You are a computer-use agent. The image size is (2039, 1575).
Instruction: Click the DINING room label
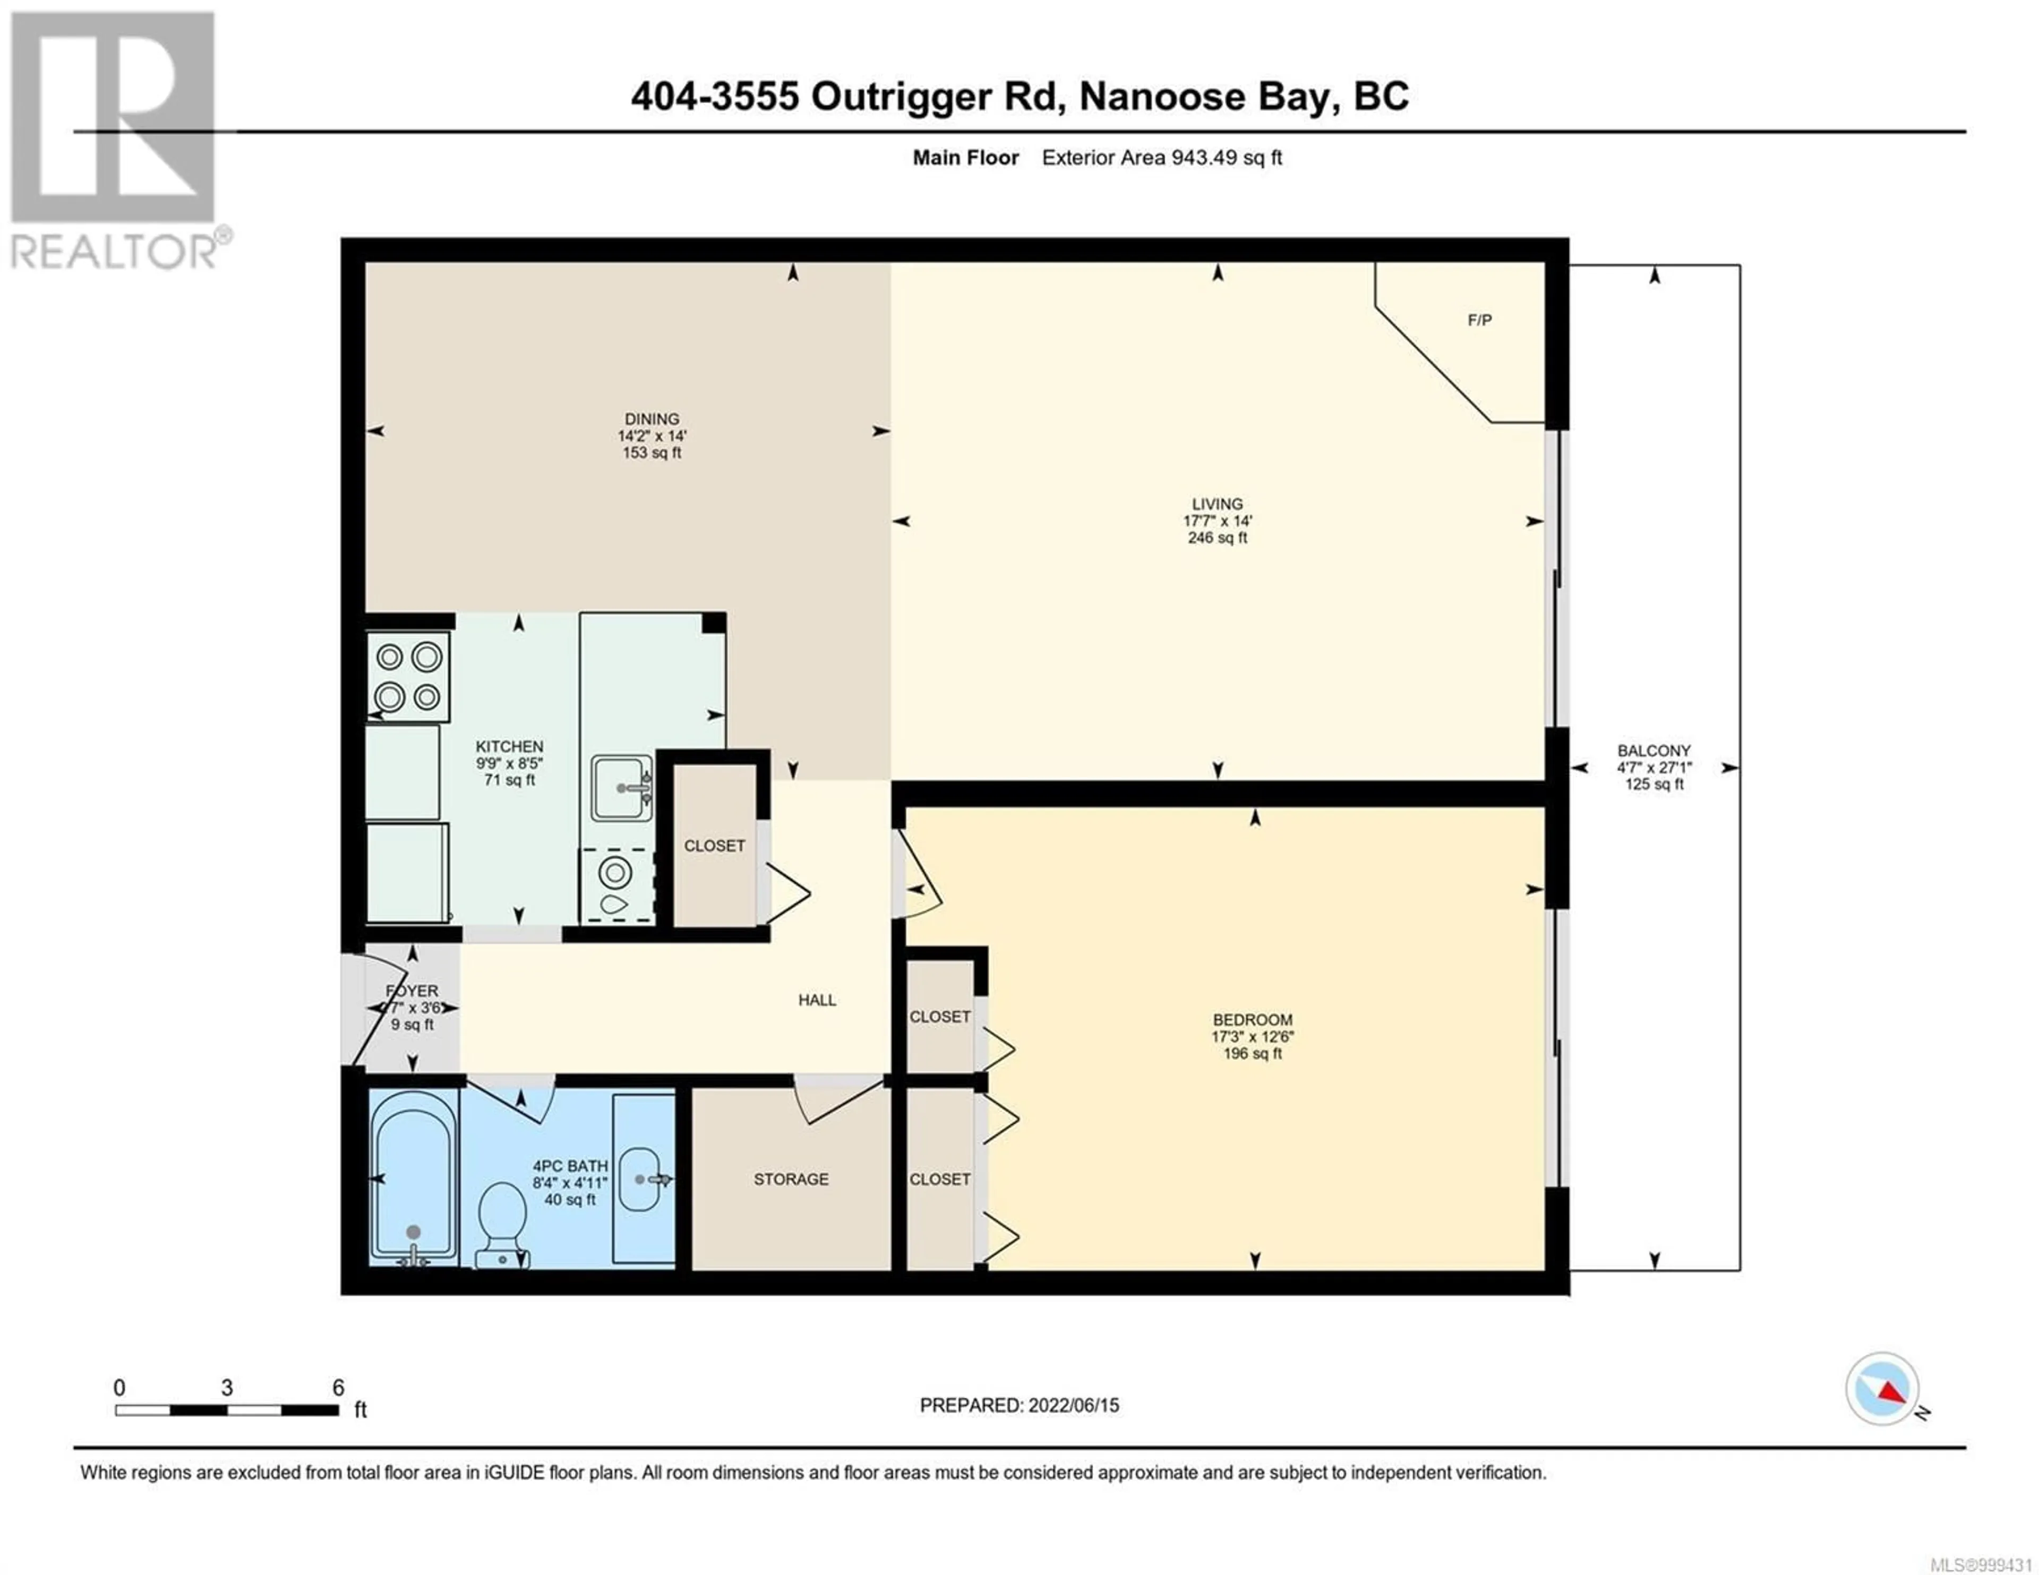pyautogui.click(x=652, y=419)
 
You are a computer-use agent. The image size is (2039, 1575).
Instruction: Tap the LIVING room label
pyautogui.click(x=1218, y=504)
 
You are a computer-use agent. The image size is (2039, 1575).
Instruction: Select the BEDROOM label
pyautogui.click(x=1253, y=1020)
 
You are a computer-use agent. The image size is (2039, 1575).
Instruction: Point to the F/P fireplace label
pyautogui.click(x=1480, y=320)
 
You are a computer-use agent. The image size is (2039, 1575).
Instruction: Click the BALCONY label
pyautogui.click(x=1655, y=751)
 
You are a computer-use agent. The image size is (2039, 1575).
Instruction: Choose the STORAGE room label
pyautogui.click(x=791, y=1179)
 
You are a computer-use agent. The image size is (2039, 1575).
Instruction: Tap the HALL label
pyautogui.click(x=817, y=1000)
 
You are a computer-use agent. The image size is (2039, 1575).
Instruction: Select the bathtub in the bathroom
pyautogui.click(x=414, y=1179)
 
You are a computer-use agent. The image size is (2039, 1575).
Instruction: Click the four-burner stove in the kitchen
pyautogui.click(x=408, y=677)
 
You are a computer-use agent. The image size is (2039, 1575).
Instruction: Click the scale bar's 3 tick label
pyautogui.click(x=227, y=1388)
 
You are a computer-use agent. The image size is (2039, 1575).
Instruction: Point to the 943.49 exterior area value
pyautogui.click(x=1198, y=158)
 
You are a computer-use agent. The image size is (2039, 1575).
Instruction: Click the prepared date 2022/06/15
pyautogui.click(x=1074, y=1405)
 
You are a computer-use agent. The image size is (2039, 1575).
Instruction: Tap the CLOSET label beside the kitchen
pyautogui.click(x=714, y=846)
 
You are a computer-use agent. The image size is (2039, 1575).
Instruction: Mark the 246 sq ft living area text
pyautogui.click(x=1218, y=538)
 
